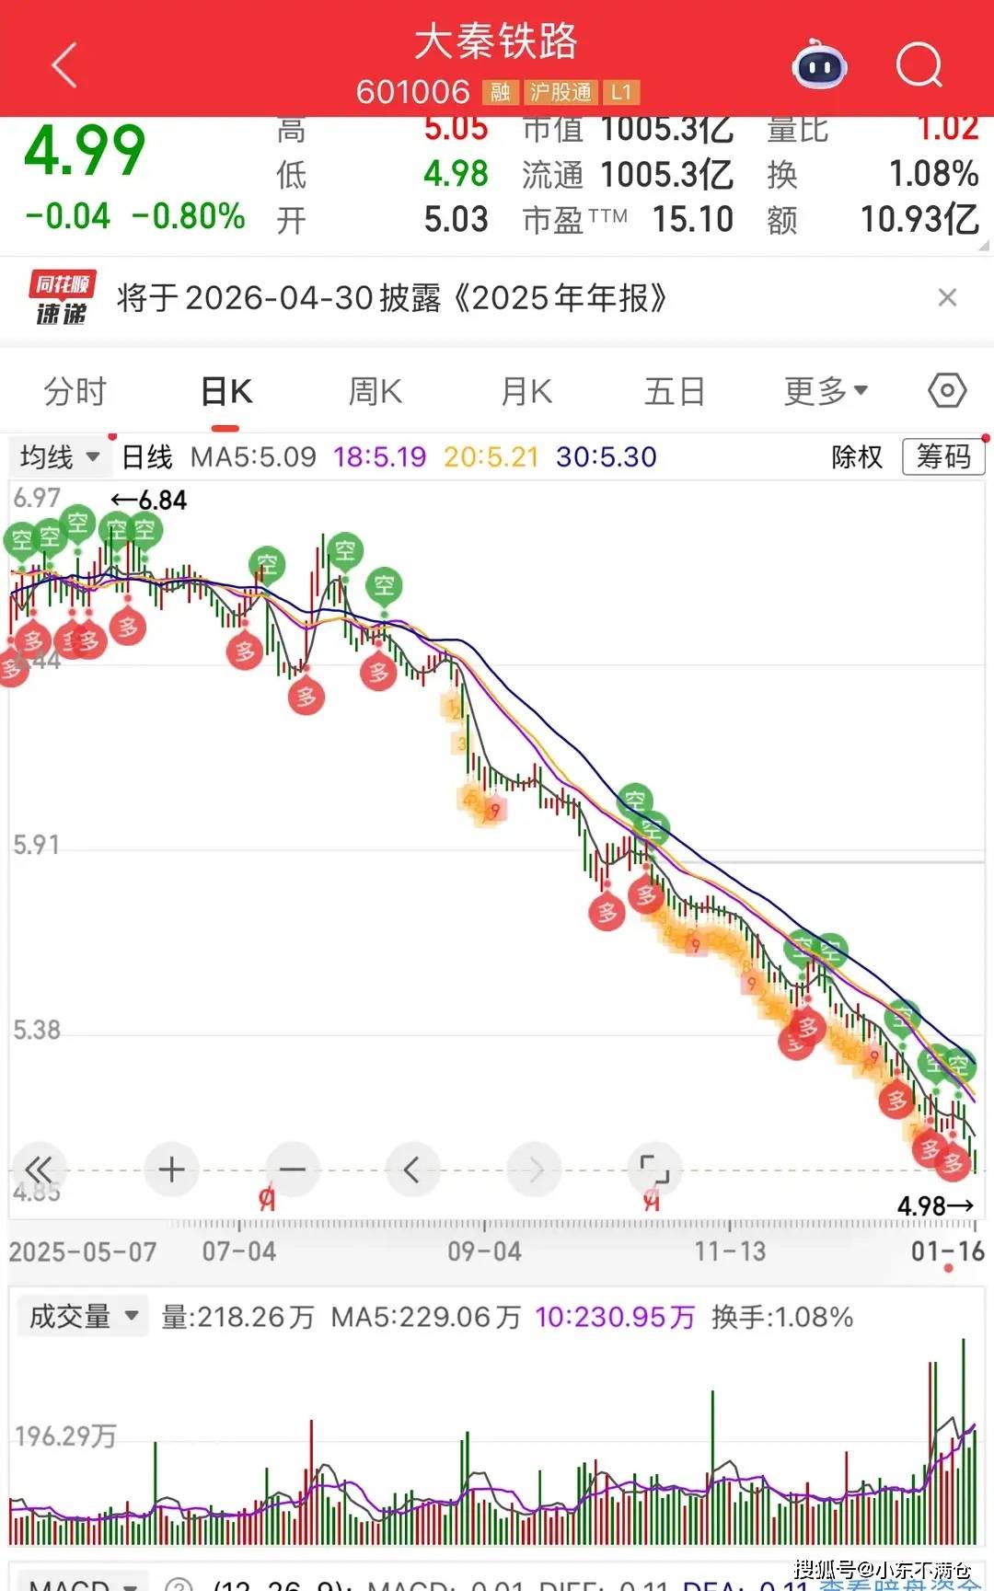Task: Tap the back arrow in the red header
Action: tap(64, 65)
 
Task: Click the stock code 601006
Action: tap(412, 92)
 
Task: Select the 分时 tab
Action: tap(75, 392)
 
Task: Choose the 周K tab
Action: tap(375, 392)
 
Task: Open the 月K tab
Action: tap(526, 392)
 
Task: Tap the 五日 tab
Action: tap(675, 392)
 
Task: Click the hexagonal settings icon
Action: tap(947, 391)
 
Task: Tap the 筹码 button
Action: tap(943, 456)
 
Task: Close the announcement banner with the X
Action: tap(947, 297)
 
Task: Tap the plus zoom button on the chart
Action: tap(171, 1170)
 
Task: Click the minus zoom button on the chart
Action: tap(293, 1170)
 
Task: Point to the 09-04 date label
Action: tap(484, 1251)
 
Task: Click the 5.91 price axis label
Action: tap(37, 845)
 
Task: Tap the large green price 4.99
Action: tap(85, 151)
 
